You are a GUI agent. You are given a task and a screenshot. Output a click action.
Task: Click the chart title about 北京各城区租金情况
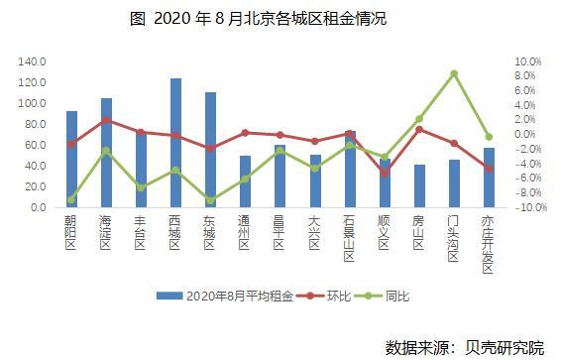click(280, 18)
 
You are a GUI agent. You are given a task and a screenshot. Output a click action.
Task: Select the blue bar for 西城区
click(175, 144)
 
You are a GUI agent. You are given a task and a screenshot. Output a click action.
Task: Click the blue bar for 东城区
click(210, 151)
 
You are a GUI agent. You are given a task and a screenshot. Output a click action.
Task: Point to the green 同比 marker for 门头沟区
click(453, 73)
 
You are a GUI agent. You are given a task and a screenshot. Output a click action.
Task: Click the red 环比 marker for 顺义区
click(384, 173)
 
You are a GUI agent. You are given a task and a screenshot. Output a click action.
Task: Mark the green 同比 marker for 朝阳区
click(71, 199)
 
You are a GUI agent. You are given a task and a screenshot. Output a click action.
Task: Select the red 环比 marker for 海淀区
click(106, 120)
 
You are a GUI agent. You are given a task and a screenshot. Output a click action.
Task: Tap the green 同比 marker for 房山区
click(419, 119)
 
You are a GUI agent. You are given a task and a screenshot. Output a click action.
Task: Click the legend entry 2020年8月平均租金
click(225, 296)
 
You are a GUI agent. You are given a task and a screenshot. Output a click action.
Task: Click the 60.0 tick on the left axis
click(35, 145)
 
